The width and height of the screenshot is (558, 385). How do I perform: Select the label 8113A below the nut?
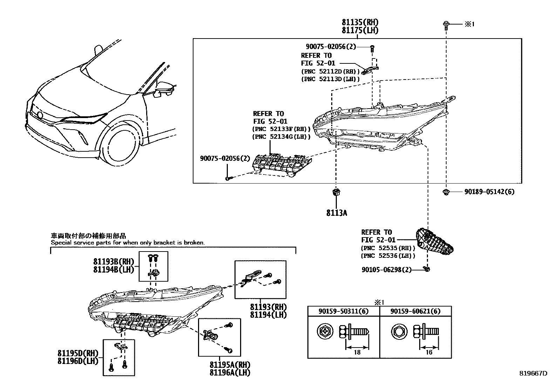336,213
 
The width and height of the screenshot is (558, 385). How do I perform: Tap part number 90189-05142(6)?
489,192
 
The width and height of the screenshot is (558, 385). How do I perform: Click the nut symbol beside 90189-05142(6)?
446,192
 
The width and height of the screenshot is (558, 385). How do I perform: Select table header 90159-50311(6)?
343,311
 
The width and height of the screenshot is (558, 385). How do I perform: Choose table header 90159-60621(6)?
415,311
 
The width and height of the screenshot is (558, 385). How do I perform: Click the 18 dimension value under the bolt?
357,352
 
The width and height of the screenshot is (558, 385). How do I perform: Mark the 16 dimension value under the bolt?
429,352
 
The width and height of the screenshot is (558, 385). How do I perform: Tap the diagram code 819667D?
533,373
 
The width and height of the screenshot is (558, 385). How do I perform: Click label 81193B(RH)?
113,261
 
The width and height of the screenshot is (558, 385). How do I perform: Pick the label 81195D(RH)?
78,353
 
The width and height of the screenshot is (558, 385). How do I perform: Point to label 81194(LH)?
268,315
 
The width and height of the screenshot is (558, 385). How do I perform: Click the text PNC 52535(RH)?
388,248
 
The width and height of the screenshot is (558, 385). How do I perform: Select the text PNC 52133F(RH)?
281,129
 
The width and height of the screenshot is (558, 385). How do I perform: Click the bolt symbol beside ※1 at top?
446,25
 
